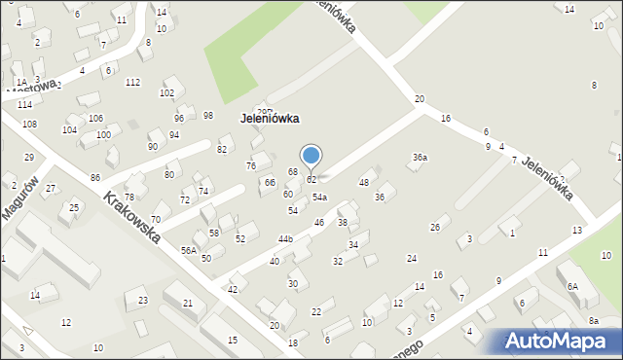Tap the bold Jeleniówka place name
point(269,118)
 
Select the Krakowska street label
point(132,217)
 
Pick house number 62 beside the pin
point(311,180)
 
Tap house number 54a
point(319,198)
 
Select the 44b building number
point(285,238)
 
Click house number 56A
point(189,250)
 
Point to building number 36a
point(420,158)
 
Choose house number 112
point(132,82)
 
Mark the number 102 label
point(166,93)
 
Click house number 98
point(208,116)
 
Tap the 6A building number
point(573,287)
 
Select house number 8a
point(593,321)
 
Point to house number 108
point(29,125)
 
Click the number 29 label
point(29,158)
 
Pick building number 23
point(143,301)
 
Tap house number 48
point(364,183)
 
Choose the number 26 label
point(435,228)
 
